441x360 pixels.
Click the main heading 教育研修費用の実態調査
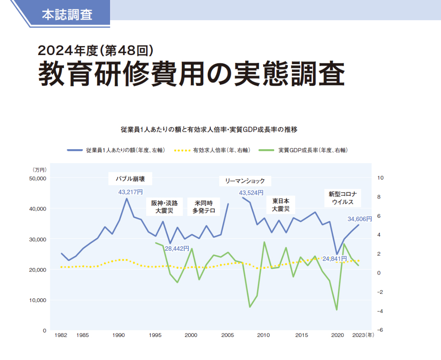coord(191,74)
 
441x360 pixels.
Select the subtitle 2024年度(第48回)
coord(95,51)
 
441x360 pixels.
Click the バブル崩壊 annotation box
coord(130,179)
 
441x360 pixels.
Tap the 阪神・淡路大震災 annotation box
coord(164,207)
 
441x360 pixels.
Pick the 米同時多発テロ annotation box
coord(204,207)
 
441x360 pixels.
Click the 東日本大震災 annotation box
coord(281,205)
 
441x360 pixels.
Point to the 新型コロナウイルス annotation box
coord(342,198)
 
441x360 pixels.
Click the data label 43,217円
coord(131,192)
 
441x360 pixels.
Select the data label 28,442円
coord(177,248)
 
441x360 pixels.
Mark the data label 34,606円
coord(359,219)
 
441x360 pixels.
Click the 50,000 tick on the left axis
coord(38,178)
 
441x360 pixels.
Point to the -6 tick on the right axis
coord(379,330)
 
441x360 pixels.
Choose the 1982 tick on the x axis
coord(61,335)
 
